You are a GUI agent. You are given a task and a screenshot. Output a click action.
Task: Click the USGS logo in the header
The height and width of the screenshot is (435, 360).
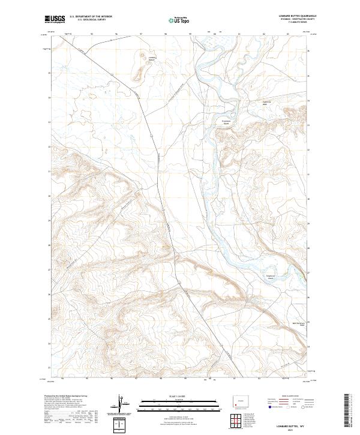[x=55, y=19]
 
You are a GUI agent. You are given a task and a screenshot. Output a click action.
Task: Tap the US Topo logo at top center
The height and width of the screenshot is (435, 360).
[x=178, y=20]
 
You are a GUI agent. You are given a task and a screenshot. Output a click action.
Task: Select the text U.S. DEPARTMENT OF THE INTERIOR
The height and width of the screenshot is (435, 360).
[x=91, y=17]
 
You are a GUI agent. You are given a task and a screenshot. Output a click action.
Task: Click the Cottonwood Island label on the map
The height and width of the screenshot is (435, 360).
[x=227, y=121]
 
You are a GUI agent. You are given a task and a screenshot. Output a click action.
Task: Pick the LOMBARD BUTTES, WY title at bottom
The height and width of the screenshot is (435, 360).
[x=292, y=425]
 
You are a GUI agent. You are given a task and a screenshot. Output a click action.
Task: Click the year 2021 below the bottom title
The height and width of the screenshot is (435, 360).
[x=292, y=430]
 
